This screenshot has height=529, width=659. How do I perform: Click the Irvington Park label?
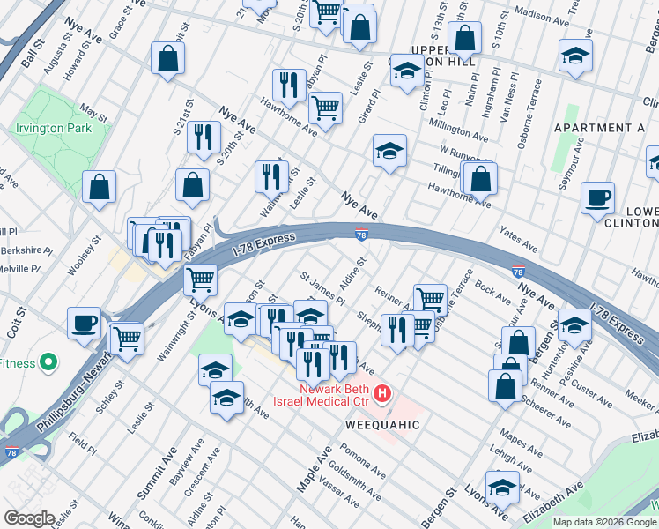53,128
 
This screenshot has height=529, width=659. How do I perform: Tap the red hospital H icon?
381,393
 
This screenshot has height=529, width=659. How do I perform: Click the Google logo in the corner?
29,518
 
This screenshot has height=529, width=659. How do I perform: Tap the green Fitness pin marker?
49,362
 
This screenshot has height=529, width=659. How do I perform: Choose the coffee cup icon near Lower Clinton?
598,197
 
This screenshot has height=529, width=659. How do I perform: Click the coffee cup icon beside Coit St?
84,322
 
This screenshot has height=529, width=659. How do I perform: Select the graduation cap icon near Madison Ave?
575,56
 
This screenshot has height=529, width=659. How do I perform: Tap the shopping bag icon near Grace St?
167,59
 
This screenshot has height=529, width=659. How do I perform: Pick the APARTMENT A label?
599,128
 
